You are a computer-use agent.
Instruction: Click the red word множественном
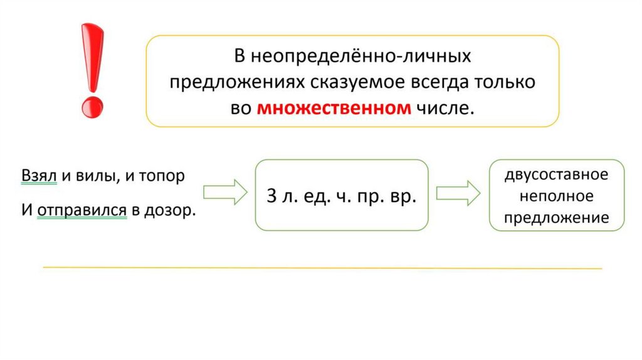[x=334, y=108]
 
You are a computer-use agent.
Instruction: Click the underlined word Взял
[x=39, y=176]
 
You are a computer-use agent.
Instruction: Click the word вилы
[x=93, y=176]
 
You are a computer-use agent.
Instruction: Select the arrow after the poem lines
[x=225, y=193]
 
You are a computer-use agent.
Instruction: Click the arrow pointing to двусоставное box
[x=458, y=193]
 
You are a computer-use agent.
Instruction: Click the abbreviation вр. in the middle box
[x=402, y=196]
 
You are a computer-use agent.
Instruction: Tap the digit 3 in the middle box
[x=271, y=196]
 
